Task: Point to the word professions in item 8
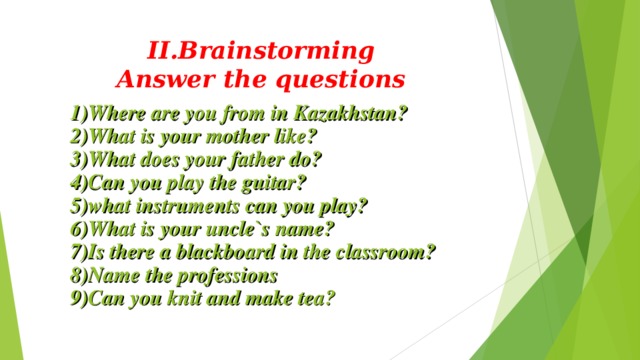(x=229, y=274)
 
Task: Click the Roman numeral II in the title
(x=159, y=50)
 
